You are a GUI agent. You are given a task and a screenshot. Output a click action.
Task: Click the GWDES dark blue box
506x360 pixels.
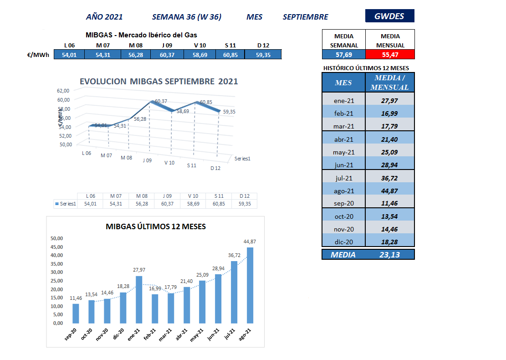tap(389, 16)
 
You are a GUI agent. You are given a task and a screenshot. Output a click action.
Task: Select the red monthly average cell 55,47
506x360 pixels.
tap(390, 55)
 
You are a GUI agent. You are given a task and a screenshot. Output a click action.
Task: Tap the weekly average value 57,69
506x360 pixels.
tap(343, 55)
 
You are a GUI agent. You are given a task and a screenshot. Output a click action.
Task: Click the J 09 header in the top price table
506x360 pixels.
tap(167, 45)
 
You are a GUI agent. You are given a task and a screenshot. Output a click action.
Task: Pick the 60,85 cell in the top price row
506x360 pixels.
tap(230, 55)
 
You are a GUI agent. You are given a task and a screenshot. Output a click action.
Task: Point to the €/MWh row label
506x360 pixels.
tap(38, 55)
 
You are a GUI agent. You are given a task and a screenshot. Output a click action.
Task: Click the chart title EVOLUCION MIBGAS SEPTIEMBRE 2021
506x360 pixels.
tap(158, 82)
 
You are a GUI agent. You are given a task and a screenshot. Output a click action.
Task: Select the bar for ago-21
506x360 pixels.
tap(250, 285)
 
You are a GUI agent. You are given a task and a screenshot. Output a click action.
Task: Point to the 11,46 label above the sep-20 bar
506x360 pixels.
tap(76, 298)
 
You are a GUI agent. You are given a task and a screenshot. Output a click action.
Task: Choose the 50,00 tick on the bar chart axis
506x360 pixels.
tap(56, 238)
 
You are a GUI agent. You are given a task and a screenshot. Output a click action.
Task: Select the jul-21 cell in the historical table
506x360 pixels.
tap(344, 178)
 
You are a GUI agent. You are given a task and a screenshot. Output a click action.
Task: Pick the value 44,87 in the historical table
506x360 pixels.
tap(389, 191)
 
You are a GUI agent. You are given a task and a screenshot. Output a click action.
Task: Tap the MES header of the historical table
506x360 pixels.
tap(343, 82)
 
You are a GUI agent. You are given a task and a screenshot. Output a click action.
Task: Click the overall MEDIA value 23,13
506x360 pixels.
tap(389, 255)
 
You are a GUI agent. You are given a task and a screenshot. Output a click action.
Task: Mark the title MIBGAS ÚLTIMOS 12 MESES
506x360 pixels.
tap(156, 226)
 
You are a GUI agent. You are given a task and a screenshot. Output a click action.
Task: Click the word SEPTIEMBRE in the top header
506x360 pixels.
tap(305, 17)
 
